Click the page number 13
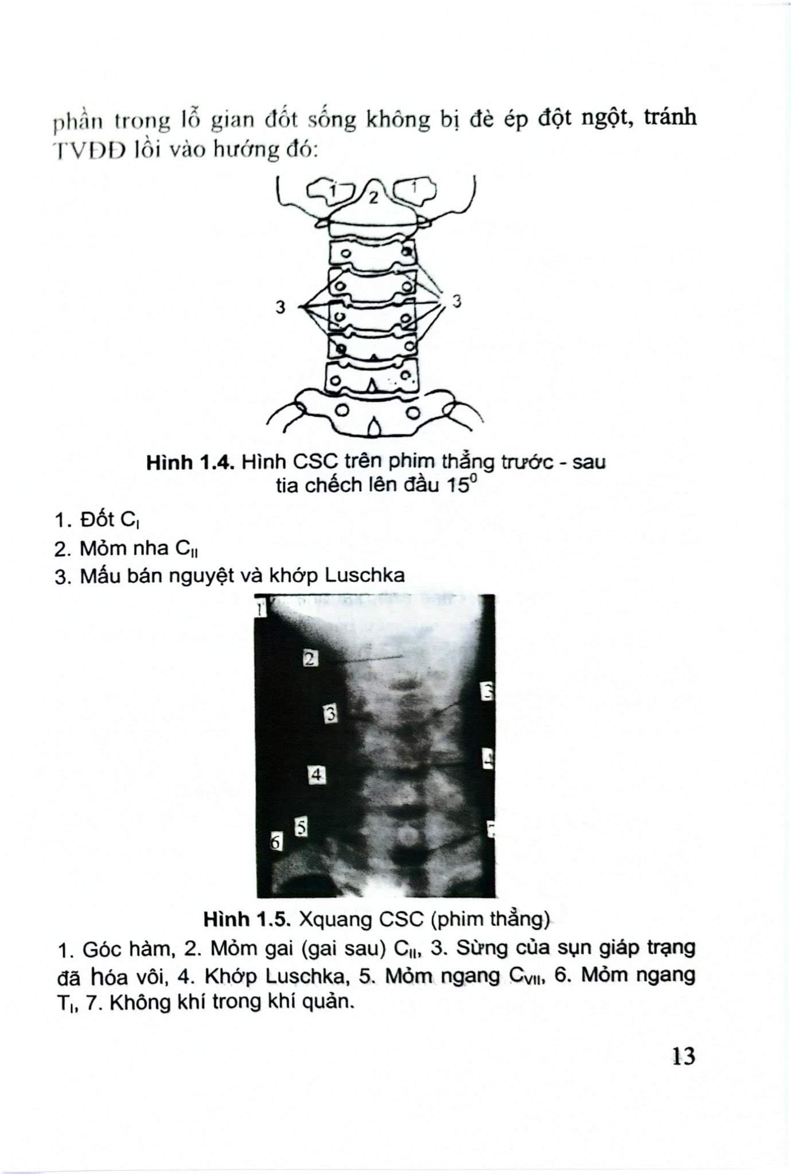(684, 1055)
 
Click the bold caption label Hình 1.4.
(190, 462)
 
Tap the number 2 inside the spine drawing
(373, 198)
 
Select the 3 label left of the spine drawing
(280, 308)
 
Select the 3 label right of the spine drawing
(457, 301)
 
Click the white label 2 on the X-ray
(309, 659)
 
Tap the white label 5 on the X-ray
(302, 827)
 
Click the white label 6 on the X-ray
(276, 842)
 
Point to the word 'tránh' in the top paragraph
(669, 118)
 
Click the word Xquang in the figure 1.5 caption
(337, 919)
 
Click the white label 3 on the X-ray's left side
(330, 714)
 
